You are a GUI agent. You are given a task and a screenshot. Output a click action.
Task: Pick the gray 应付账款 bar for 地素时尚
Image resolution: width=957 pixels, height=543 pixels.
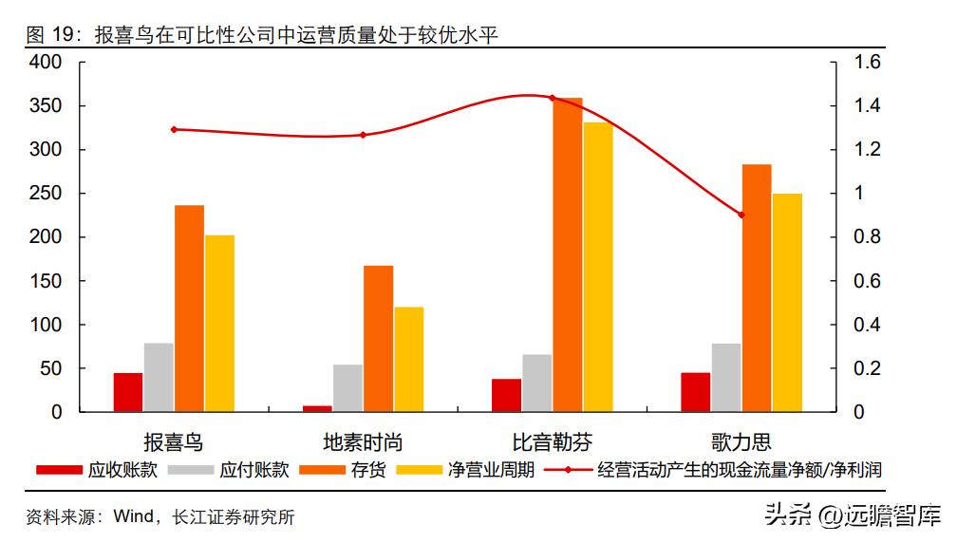click(x=347, y=388)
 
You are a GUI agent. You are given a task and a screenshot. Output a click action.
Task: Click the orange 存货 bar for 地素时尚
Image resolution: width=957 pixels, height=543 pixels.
click(x=378, y=338)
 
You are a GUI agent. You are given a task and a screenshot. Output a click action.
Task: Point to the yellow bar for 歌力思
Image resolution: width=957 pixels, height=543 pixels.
click(x=787, y=302)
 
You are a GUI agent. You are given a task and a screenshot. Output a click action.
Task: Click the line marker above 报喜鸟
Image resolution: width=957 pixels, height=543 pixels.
click(x=174, y=129)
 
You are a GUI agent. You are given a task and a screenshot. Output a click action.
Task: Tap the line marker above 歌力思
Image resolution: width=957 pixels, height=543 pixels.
click(x=741, y=215)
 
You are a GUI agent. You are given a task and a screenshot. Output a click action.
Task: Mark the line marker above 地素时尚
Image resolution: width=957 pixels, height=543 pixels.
click(x=363, y=135)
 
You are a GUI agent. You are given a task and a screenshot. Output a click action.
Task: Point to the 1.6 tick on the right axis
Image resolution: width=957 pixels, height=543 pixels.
click(x=868, y=63)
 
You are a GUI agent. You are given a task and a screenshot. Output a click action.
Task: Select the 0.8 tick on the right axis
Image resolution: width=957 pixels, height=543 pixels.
click(x=868, y=237)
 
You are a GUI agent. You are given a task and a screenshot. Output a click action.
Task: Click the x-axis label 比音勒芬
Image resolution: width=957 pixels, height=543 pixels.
click(x=552, y=441)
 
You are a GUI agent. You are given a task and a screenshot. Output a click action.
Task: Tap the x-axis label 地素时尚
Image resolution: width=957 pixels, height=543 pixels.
click(x=363, y=441)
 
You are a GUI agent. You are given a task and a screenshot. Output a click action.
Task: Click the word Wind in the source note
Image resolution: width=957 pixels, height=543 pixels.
click(x=133, y=517)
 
